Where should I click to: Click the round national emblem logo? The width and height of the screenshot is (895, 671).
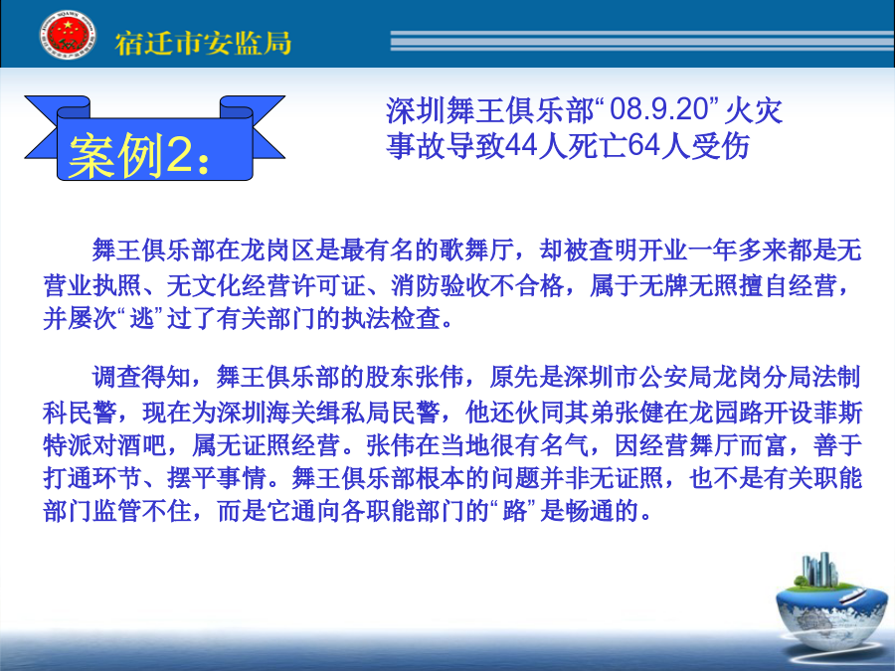(68, 35)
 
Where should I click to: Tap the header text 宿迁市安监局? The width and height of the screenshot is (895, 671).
(203, 44)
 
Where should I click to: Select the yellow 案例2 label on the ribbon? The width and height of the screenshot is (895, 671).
(139, 155)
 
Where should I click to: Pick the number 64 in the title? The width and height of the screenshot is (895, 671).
(644, 145)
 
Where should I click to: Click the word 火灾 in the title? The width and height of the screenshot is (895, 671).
(754, 109)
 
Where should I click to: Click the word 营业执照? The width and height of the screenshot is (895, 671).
(92, 284)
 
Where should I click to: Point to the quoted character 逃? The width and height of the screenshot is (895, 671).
(142, 318)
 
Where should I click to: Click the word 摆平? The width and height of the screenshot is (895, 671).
(191, 478)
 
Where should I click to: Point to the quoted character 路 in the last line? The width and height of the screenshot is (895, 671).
(514, 511)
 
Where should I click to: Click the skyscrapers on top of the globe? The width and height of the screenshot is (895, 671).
(819, 569)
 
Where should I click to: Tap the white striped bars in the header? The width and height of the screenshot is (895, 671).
(642, 41)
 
